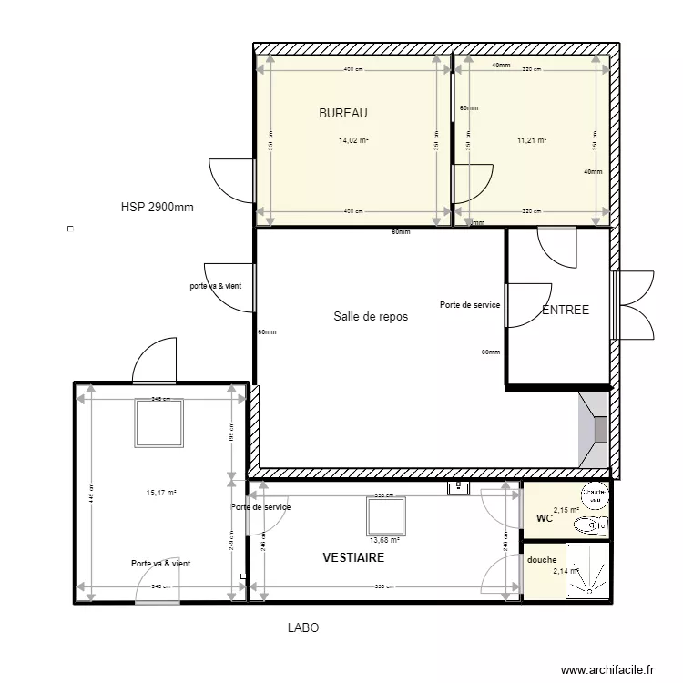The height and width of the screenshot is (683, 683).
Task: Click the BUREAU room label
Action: (342, 114)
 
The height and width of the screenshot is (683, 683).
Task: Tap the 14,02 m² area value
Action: (353, 141)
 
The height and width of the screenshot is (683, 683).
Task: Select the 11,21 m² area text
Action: (531, 141)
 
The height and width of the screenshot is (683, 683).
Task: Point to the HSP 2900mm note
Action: (157, 208)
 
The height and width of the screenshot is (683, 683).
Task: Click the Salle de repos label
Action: (370, 317)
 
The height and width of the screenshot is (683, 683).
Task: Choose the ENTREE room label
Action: (566, 311)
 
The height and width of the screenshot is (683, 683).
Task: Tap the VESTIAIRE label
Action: (353, 557)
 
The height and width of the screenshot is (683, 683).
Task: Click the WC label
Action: (545, 519)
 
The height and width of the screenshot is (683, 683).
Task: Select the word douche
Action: (542, 560)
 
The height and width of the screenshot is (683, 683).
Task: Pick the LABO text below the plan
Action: (303, 628)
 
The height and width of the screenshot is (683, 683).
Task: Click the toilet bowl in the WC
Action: (594, 525)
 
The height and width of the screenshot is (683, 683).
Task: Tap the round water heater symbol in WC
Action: (594, 497)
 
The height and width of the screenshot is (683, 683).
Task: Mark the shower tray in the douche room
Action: (587, 572)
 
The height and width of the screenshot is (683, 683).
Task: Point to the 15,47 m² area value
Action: (161, 493)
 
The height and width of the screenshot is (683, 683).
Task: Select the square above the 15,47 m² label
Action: (160, 421)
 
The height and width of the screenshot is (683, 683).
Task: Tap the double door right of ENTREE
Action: (636, 304)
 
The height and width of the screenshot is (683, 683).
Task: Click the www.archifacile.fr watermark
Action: (607, 669)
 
